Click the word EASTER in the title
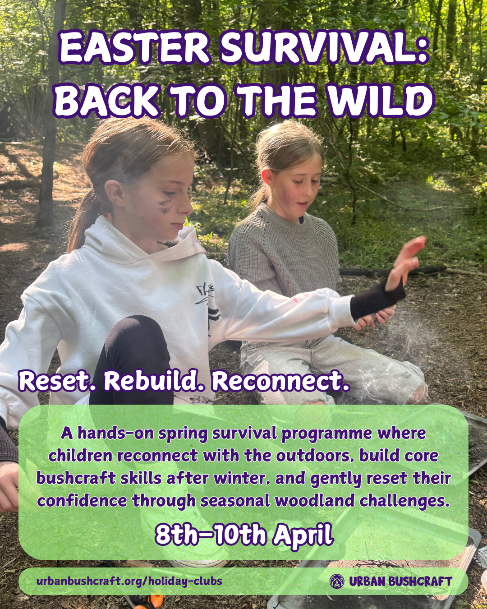[135, 48]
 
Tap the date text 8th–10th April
[244, 535]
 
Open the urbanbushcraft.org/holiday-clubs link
[129, 581]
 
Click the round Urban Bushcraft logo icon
[337, 581]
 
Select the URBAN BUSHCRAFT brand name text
[400, 581]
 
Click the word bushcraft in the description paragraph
[76, 478]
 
